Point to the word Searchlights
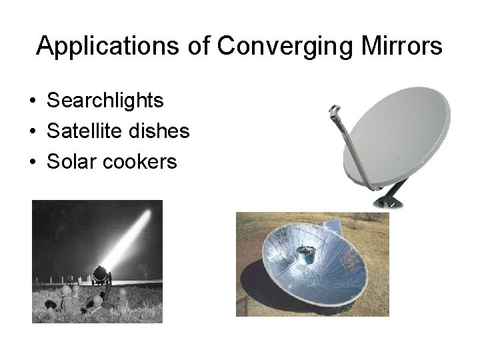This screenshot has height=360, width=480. click(105, 101)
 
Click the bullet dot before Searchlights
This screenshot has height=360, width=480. click(32, 101)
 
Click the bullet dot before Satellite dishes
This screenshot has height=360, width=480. click(32, 132)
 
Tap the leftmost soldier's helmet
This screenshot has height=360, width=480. click(65, 291)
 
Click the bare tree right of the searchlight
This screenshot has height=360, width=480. click(143, 270)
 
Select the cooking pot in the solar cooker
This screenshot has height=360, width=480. click(306, 253)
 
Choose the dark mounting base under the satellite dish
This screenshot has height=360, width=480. click(389, 199)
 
